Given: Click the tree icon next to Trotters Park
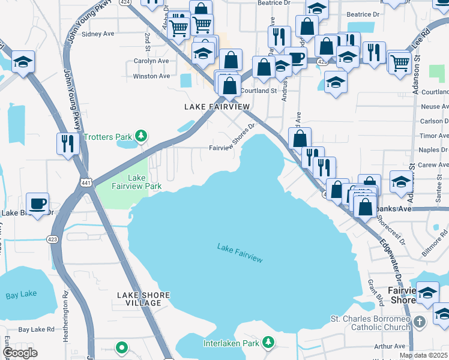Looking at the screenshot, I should point(141,136).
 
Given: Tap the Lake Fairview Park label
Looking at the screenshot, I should point(136,182).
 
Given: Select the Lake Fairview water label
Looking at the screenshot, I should point(240,253).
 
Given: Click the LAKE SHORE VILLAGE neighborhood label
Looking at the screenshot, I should point(143,299).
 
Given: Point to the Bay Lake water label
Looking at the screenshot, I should point(21,295).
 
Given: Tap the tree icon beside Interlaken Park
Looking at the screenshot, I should point(268,343).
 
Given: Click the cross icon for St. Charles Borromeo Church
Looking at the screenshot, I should point(420,322).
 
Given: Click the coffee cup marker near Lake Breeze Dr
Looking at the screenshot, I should point(38,203).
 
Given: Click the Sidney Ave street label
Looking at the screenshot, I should point(98,34).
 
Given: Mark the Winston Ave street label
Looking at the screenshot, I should point(151,76).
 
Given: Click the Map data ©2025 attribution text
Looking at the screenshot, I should point(423,355).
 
